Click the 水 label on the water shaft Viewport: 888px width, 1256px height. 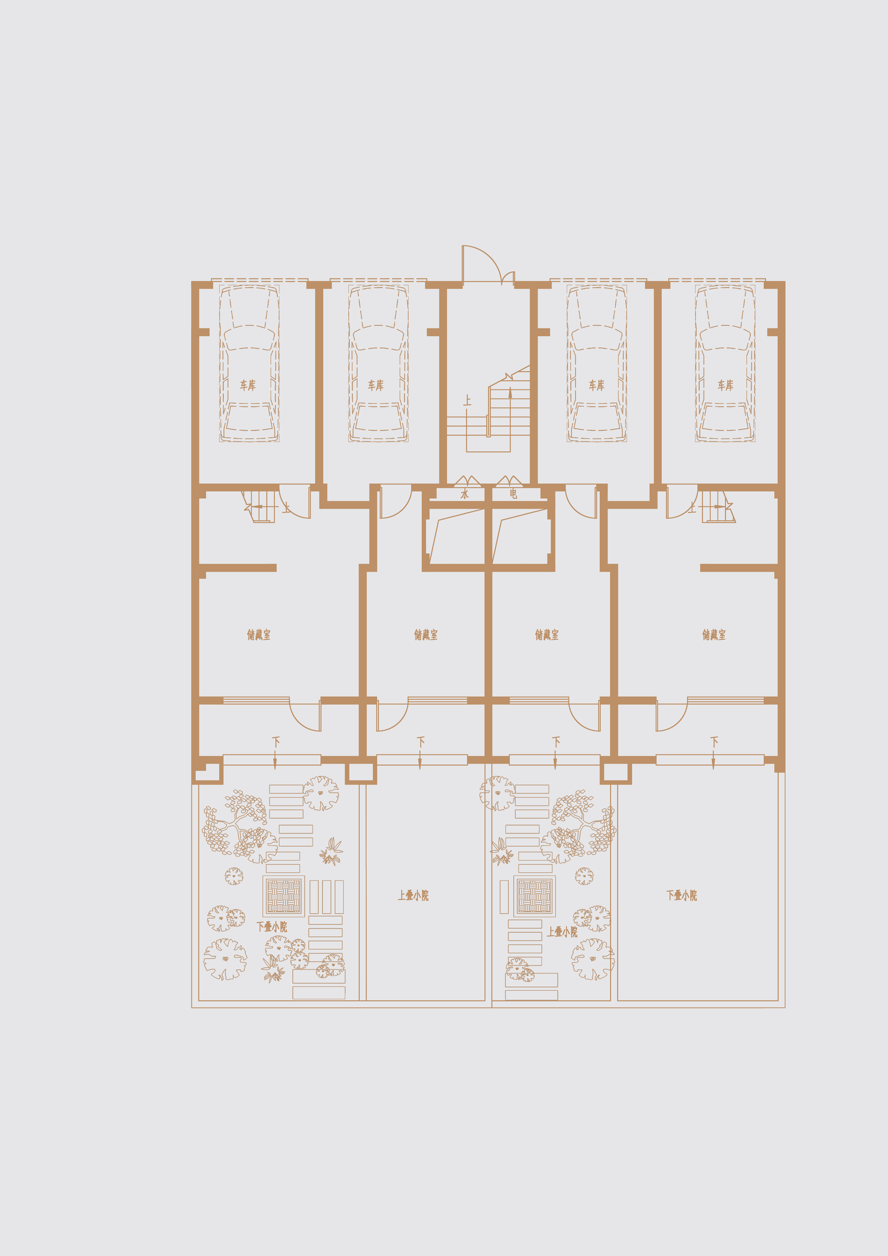(x=464, y=494)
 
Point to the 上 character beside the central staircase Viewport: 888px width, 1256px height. (x=467, y=401)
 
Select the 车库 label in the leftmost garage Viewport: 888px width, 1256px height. (x=248, y=385)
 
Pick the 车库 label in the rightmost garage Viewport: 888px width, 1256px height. (x=725, y=385)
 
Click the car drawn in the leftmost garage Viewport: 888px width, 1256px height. (x=249, y=363)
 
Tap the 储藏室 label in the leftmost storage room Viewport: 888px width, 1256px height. (x=259, y=634)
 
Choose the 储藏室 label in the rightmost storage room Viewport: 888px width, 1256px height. (x=714, y=634)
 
